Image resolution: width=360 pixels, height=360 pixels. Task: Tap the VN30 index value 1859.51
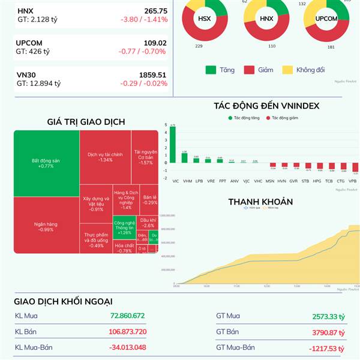coord(152,75)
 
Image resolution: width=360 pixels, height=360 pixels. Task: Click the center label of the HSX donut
coord(205,18)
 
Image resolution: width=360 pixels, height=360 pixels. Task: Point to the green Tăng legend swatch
coord(211,70)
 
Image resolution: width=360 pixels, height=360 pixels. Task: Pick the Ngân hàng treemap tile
coord(46,226)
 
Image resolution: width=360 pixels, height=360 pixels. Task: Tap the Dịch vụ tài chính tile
coord(105,157)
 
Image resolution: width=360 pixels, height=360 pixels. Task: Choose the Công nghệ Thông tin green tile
coord(124,228)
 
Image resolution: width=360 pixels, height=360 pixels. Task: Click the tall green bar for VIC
coord(173,144)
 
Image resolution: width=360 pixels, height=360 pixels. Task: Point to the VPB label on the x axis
coord(352,180)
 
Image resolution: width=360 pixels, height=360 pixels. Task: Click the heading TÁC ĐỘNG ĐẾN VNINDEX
coord(266,106)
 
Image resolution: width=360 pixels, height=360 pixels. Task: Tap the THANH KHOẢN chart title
coord(260,202)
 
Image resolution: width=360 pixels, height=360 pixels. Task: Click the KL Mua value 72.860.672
coord(127,316)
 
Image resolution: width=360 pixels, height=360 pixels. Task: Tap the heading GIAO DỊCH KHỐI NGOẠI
coord(63,301)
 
